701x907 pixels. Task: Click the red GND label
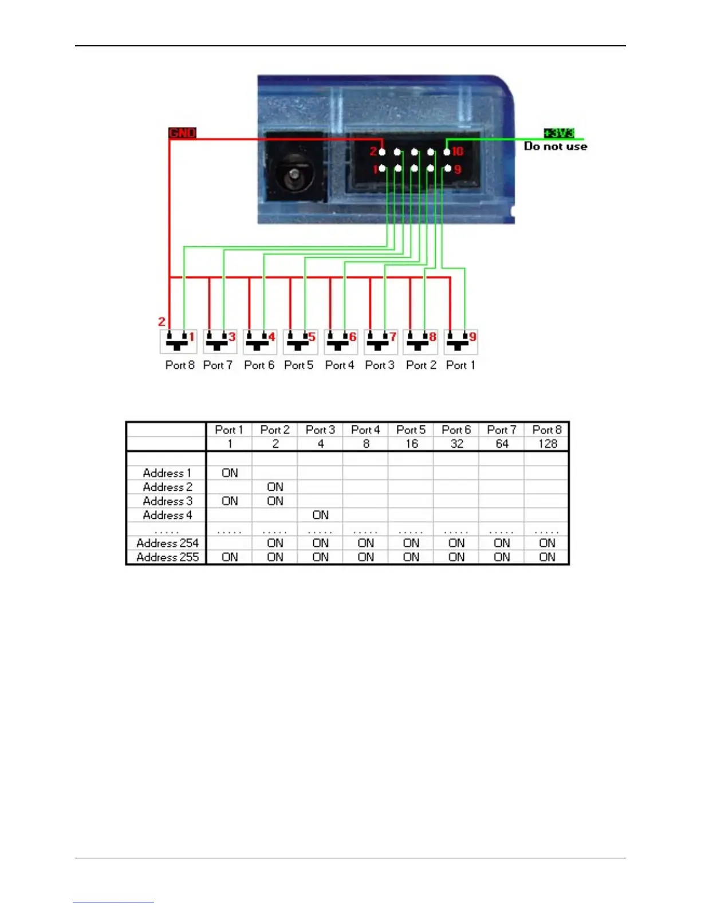[x=182, y=133]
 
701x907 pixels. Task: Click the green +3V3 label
[x=558, y=133]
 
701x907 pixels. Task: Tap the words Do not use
[x=555, y=147]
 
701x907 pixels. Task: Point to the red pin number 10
[x=458, y=152]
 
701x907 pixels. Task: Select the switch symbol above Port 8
[x=177, y=342]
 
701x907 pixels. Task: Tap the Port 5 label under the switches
[x=298, y=365]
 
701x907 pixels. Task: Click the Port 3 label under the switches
[x=380, y=365]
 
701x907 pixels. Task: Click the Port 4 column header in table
[x=365, y=430]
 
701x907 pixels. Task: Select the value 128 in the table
[x=548, y=444]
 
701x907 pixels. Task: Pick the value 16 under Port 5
[x=411, y=444]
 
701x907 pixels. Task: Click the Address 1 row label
[x=167, y=473]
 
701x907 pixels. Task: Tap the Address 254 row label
[x=167, y=543]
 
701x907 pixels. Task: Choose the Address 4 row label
[x=167, y=515]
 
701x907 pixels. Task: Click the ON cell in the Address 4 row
[x=321, y=515]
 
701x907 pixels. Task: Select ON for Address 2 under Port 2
[x=275, y=487]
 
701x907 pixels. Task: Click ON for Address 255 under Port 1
[x=230, y=557]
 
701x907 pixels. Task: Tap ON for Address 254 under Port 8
[x=548, y=543]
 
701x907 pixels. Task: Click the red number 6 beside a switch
[x=353, y=337]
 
